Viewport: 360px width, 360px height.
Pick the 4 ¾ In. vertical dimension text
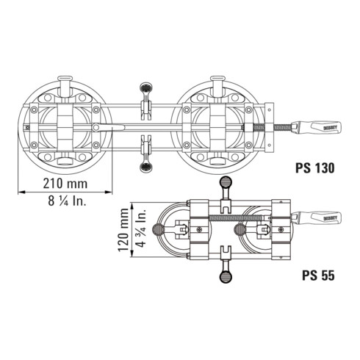point(145,229)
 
